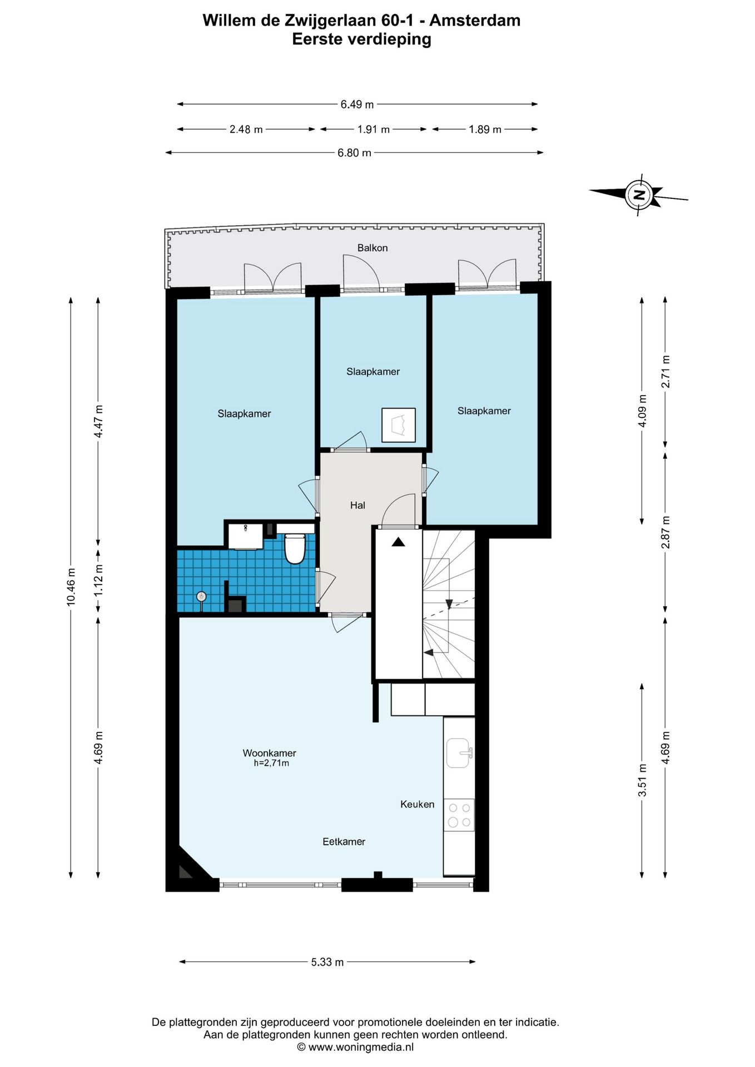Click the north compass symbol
[639, 195]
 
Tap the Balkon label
[372, 248]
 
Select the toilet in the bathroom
[295, 549]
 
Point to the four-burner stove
[459, 815]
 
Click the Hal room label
[357, 505]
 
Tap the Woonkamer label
[270, 753]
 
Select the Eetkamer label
[344, 841]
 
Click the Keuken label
[418, 804]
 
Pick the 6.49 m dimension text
[357, 104]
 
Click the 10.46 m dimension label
[71, 587]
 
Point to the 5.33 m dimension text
[327, 962]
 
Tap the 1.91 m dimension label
[374, 129]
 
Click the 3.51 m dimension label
[642, 780]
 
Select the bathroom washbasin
[246, 535]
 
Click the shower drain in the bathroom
[201, 597]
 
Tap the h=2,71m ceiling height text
[272, 763]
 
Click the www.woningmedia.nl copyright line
[356, 1047]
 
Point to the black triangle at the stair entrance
[399, 542]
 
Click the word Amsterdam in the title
[475, 21]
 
